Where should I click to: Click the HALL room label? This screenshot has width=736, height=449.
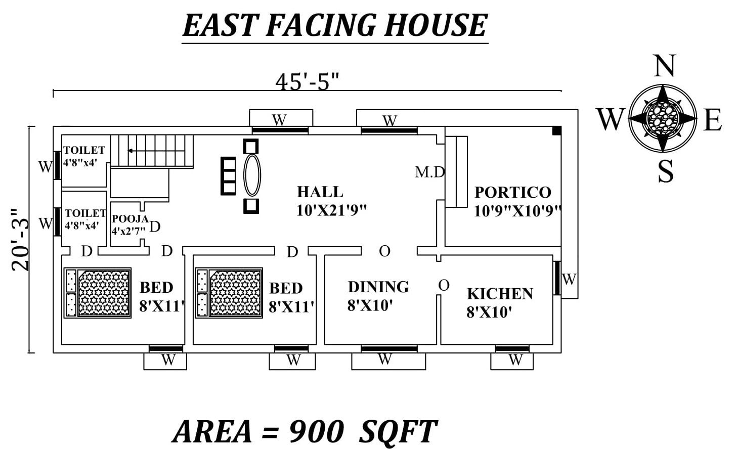(320, 192)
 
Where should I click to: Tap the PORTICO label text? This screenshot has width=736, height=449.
(512, 192)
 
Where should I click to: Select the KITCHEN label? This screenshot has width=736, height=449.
(500, 294)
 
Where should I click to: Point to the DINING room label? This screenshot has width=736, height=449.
(378, 287)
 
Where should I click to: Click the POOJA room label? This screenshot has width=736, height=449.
(130, 219)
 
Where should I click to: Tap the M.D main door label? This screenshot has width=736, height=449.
(429, 172)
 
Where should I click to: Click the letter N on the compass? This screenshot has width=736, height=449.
(665, 66)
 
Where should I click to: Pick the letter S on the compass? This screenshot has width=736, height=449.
(665, 171)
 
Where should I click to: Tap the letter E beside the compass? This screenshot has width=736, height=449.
(712, 120)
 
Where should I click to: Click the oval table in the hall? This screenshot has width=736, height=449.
(252, 175)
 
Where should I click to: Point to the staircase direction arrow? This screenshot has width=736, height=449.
(131, 151)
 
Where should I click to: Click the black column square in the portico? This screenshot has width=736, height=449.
(556, 131)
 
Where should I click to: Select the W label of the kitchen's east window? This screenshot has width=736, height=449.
(569, 279)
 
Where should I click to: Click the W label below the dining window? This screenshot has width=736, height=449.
(385, 360)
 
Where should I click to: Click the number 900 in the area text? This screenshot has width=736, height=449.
(316, 431)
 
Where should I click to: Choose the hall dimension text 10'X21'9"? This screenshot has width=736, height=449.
(331, 210)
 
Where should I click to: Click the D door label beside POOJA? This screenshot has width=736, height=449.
(155, 227)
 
